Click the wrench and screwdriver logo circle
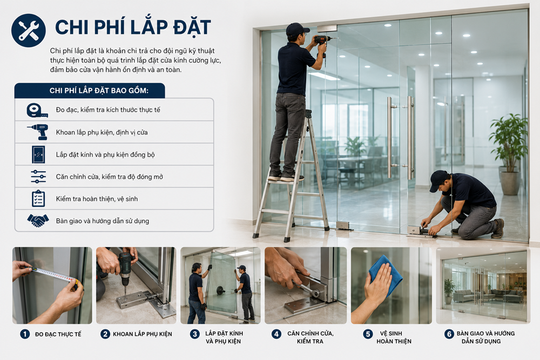click(29, 30)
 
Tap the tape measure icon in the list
click(37, 110)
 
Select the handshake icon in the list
click(38, 221)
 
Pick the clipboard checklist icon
click(38, 199)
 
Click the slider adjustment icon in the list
click(38, 176)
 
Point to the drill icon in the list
click(38, 132)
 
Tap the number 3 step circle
click(195, 334)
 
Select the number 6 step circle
click(449, 334)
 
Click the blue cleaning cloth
click(386, 274)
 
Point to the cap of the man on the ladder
click(297, 29)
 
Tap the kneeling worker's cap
click(438, 180)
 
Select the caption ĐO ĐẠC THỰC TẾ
click(58, 334)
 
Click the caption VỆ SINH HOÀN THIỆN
click(394, 337)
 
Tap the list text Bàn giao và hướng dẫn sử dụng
click(103, 221)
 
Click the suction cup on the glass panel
click(220, 290)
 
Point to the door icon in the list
click(38, 154)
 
